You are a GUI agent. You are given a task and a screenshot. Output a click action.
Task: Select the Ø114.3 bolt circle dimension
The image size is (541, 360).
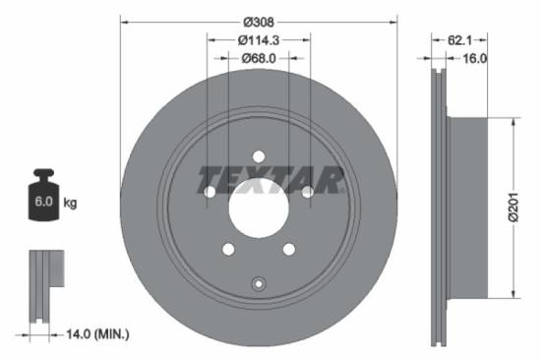[260, 40]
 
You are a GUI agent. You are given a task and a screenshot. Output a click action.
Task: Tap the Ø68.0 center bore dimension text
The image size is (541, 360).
[260, 59]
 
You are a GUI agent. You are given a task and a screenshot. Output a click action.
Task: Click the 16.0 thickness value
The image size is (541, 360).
[476, 59]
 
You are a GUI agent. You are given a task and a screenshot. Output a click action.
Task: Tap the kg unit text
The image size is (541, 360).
[70, 203]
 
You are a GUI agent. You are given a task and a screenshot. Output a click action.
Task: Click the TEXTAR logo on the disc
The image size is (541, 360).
[270, 180]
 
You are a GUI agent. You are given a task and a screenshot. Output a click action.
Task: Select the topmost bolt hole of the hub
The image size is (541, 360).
[259, 156]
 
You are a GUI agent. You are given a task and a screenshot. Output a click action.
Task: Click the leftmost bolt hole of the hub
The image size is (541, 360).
[210, 192]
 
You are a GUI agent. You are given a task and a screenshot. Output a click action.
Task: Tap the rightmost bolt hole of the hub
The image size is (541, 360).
[308, 192]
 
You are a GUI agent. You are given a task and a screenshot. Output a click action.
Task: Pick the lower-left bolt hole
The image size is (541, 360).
[228, 249]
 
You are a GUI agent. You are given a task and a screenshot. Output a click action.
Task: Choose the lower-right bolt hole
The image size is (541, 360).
[289, 249]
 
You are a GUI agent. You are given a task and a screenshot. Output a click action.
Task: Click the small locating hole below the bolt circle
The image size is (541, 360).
[259, 284]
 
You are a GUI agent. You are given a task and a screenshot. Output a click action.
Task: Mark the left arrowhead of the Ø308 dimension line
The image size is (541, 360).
[123, 20]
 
